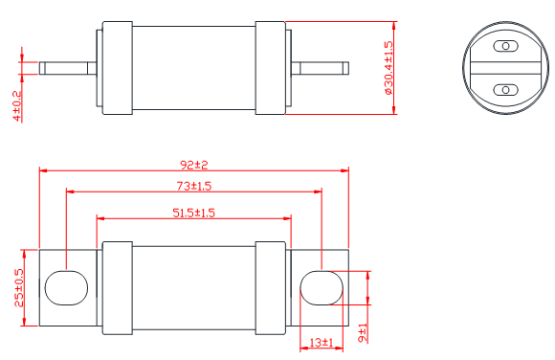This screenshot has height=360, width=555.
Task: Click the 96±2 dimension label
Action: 193,164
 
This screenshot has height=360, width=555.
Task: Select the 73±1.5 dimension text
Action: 193,186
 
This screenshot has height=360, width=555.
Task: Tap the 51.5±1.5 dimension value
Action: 193,213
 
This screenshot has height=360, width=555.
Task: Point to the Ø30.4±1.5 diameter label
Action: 388,68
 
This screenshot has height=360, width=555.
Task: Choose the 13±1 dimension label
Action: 321,343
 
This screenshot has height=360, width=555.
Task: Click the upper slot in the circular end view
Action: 504,46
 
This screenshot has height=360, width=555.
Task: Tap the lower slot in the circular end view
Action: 504,90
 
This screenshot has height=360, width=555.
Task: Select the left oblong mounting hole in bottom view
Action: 65,286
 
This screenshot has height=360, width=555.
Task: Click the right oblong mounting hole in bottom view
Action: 321,286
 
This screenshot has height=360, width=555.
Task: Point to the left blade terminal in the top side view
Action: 67,68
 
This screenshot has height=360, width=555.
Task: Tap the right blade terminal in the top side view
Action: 319,68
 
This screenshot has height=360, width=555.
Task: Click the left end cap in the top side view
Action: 116,67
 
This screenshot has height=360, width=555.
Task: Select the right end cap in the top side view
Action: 270,67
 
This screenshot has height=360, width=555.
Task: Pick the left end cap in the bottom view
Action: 116,287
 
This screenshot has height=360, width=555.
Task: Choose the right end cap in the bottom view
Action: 270,287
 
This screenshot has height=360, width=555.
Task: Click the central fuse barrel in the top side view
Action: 193,67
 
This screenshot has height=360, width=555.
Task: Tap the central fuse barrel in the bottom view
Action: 193,287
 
